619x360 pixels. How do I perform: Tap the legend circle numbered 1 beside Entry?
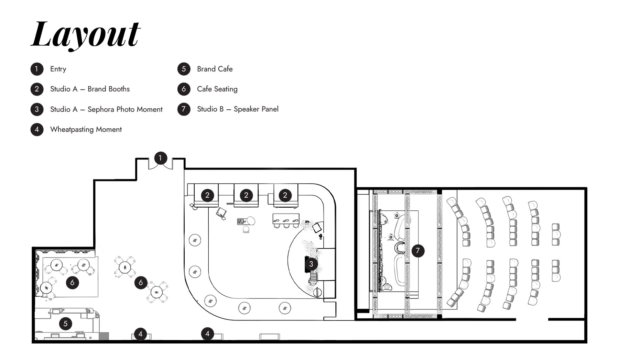coord(37,69)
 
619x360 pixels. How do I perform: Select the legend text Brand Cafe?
coord(215,69)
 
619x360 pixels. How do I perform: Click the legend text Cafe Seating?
coord(217,89)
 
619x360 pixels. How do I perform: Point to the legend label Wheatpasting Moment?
coord(86,130)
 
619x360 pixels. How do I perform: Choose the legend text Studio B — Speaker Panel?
coord(238,109)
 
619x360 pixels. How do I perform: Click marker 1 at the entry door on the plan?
coord(160,158)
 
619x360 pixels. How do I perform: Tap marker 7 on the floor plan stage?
coord(418,251)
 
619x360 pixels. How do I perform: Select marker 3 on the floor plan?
coord(311,264)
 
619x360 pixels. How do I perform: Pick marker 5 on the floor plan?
coord(65,324)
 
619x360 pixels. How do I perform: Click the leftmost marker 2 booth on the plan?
coord(207,195)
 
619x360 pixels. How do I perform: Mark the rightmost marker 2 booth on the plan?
coord(285,195)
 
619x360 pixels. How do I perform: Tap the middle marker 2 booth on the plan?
coord(246,195)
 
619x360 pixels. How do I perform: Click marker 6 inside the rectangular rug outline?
coord(72,283)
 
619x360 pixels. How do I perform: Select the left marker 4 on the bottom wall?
coord(140,334)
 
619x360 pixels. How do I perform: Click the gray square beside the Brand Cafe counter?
coord(104,336)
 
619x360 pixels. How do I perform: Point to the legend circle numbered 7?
coord(184,109)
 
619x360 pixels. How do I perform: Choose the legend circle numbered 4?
coord(37,130)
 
